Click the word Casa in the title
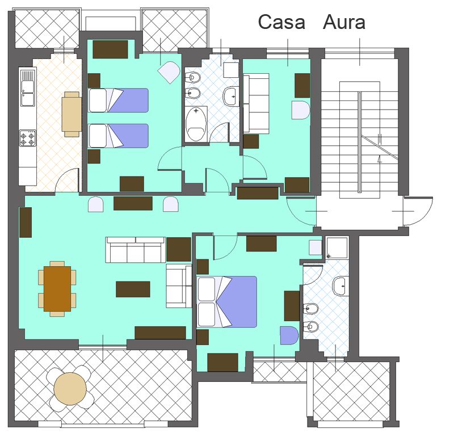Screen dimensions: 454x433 tap(281, 22)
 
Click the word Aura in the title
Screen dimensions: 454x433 tap(344, 22)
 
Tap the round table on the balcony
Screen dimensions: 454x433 tap(70, 389)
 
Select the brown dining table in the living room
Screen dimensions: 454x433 tap(57, 289)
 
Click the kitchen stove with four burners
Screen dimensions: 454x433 tap(28, 138)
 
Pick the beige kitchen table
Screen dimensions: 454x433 tap(72, 115)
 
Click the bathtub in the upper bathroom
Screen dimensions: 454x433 tap(196, 124)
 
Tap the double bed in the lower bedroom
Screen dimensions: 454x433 tap(226, 301)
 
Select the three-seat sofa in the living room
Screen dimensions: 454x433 tap(136, 250)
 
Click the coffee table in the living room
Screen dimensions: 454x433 tap(133, 289)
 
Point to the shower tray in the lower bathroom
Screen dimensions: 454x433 tap(337, 247)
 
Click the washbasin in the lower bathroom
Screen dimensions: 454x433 tap(339, 285)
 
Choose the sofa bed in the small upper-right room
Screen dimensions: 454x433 tap(257, 103)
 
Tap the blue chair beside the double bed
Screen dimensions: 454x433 tap(289, 335)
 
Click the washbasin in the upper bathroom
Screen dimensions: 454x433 tap(231, 96)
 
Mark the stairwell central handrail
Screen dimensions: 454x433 tap(360, 142)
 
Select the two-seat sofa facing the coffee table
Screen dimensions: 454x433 tap(179, 285)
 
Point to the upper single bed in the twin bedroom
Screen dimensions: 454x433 tap(118, 100)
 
